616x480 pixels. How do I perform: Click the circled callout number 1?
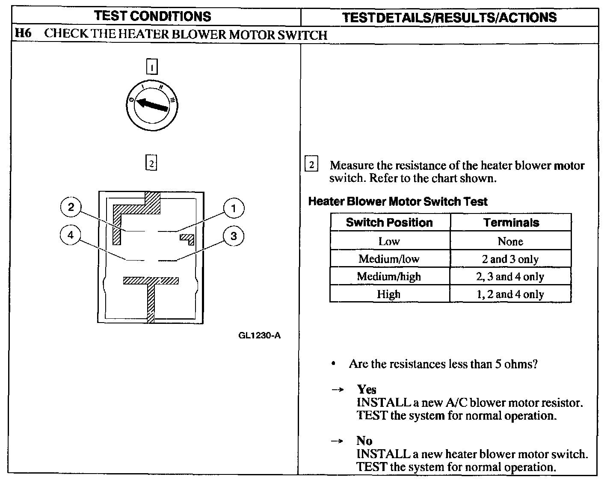[x=234, y=208]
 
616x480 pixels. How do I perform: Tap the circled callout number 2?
[x=71, y=207]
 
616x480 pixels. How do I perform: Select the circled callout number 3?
[x=234, y=236]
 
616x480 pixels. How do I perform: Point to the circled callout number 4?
[x=71, y=235]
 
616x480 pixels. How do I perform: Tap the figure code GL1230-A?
[x=259, y=335]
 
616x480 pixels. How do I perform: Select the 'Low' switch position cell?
[x=389, y=241]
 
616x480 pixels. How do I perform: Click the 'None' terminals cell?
[x=510, y=241]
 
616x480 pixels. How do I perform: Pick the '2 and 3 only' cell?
[x=510, y=259]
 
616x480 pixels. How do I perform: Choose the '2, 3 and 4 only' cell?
[x=510, y=276]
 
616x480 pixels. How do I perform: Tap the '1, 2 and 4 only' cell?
[x=510, y=294]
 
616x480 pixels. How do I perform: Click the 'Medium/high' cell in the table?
[x=389, y=276]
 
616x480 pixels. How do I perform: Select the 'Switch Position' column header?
[x=389, y=222]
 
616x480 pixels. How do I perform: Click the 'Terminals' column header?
[x=511, y=222]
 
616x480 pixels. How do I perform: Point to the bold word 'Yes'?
[x=367, y=389]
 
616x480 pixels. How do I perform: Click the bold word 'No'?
[x=364, y=441]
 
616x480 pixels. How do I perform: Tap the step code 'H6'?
[x=23, y=34]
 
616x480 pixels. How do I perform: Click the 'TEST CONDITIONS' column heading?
[x=153, y=16]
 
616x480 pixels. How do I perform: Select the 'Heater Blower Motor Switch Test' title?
[x=398, y=201]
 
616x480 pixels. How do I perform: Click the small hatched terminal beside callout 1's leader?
[x=187, y=238]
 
